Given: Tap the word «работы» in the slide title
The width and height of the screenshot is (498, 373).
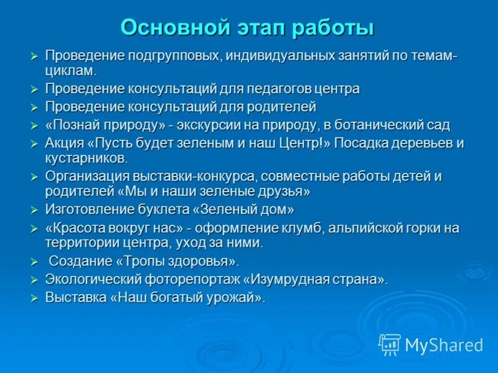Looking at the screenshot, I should (x=334, y=28).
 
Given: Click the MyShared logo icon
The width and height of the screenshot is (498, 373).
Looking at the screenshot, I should (x=390, y=344).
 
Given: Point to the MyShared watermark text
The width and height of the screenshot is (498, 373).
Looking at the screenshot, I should (x=444, y=345).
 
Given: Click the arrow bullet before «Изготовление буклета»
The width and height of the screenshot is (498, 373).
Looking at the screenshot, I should (x=35, y=210).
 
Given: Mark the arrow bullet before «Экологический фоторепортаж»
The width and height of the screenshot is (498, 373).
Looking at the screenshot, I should (x=35, y=280).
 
